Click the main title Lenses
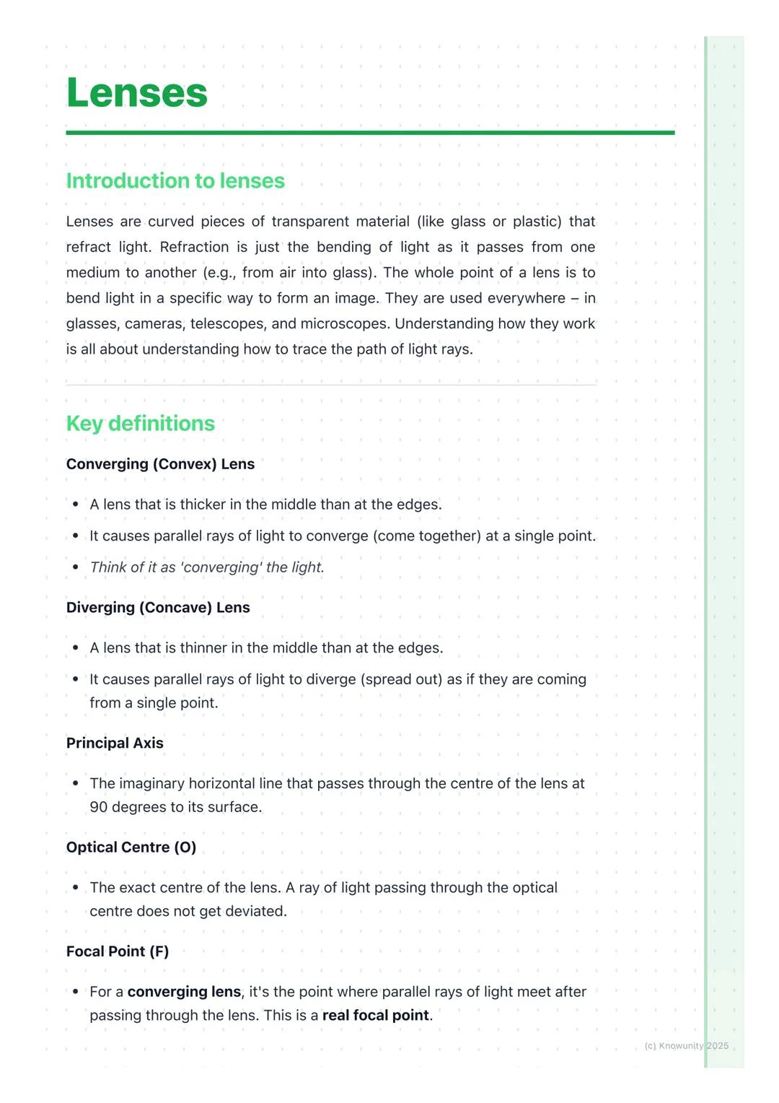point(137,93)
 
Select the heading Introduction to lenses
point(175,180)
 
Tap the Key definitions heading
point(141,423)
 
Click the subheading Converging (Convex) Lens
point(160,464)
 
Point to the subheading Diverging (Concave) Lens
point(158,608)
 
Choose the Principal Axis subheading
point(115,744)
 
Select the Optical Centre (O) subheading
point(131,847)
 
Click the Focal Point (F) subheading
point(118,951)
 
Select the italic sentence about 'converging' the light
point(207,567)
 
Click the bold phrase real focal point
point(376,1015)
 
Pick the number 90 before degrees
point(99,807)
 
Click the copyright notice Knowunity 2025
point(686,1046)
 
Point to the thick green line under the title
point(370,133)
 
